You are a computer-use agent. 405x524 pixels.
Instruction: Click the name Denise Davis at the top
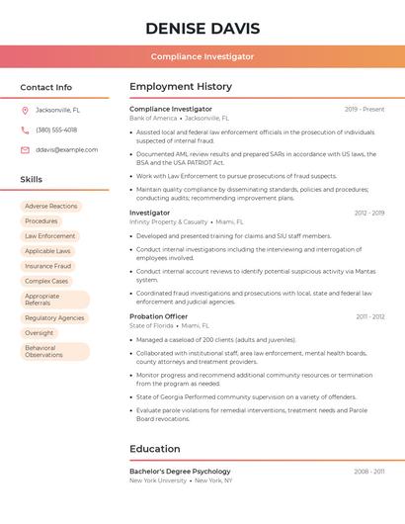pos(202,28)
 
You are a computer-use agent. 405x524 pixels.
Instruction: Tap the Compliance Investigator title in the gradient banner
pos(202,56)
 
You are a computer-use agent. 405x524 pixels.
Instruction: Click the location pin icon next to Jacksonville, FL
pos(25,110)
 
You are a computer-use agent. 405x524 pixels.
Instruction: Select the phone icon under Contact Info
pos(25,130)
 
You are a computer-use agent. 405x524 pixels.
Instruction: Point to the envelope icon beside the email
pos(25,149)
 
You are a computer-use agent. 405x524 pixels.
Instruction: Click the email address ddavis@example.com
pos(67,149)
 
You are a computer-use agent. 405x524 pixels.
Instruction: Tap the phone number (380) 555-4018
pos(56,130)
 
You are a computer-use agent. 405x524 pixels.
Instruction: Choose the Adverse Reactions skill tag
pos(51,207)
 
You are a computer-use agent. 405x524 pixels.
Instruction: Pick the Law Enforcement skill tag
pos(50,236)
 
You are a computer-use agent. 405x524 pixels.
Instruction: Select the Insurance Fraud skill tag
pos(48,266)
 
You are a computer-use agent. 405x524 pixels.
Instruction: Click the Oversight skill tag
pos(40,333)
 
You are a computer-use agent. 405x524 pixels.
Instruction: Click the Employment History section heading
pos(181,87)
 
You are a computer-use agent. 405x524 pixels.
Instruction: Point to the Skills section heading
pos(32,179)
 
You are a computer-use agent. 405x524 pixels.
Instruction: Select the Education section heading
pos(155,449)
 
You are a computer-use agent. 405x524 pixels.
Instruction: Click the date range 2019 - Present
pos(364,109)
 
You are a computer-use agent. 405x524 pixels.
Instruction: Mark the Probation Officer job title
pos(158,316)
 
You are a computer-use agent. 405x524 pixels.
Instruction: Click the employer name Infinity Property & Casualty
pos(169,222)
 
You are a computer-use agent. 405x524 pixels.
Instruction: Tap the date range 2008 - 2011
pos(369,472)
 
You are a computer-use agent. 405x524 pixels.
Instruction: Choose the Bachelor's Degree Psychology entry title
pos(180,472)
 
